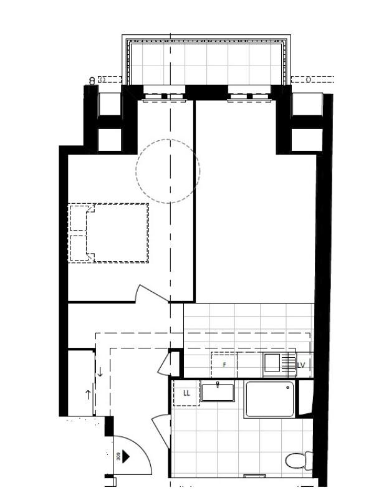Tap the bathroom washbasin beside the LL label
coord(218,392)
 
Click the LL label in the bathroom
coord(186,393)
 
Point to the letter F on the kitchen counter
coord(224,365)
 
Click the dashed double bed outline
coord(109,232)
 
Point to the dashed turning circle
coord(168,170)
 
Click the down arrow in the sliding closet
coord(100,373)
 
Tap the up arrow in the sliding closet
coord(87,394)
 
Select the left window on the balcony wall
coord(165,95)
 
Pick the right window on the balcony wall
coord(249,95)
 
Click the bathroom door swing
coord(161,430)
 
